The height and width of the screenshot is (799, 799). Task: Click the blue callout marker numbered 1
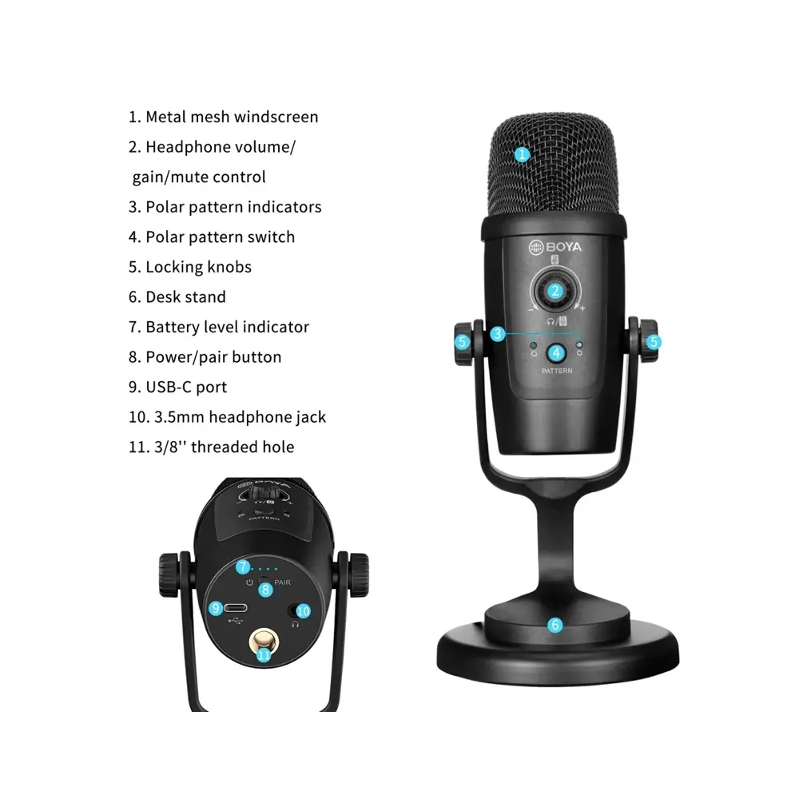point(521,154)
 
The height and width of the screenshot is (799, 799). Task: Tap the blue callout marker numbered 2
point(555,291)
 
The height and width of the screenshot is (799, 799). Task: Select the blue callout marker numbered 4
point(556,352)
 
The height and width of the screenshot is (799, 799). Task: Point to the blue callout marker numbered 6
point(555,625)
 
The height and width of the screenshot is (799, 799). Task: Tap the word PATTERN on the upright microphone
point(557,371)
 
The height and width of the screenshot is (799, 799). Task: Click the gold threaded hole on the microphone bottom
point(263,643)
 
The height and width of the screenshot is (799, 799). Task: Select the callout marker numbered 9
point(216,608)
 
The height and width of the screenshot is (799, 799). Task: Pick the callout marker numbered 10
point(303,610)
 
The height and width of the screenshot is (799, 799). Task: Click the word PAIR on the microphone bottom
point(282,582)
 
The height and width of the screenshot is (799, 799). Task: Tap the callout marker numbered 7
point(243,566)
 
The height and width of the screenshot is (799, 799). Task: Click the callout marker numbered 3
point(497,334)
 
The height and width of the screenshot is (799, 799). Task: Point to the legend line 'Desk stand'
point(177,297)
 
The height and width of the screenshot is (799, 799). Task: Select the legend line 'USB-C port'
point(178,388)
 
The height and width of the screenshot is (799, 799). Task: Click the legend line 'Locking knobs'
point(190,267)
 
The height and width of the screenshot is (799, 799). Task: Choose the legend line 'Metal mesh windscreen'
point(223,117)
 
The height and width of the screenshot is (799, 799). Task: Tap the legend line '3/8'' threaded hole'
point(212,447)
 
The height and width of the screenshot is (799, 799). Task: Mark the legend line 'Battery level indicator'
point(219,327)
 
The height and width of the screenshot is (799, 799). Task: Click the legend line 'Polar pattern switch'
point(212,237)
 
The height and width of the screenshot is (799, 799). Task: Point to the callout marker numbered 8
point(265,590)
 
